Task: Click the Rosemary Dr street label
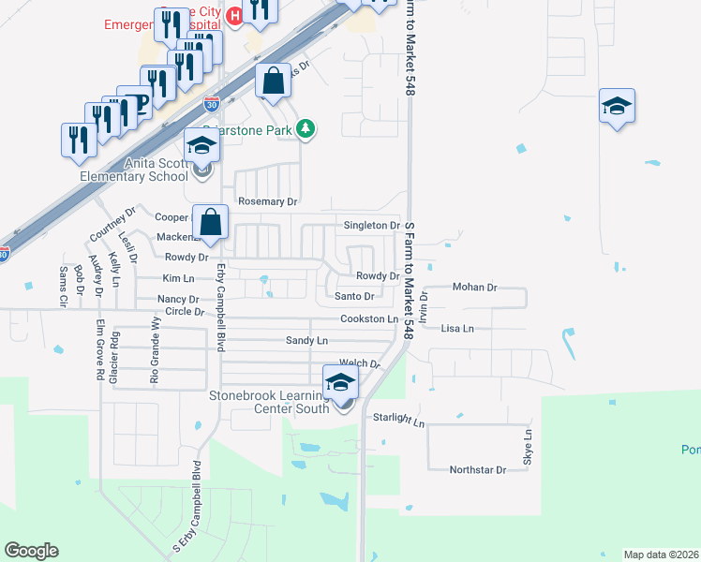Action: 267,201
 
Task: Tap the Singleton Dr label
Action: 372,226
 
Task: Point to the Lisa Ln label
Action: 457,329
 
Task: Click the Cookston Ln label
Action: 369,319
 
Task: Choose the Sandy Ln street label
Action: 306,341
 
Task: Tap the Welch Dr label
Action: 359,363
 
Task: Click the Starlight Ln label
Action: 399,420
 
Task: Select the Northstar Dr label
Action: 477,469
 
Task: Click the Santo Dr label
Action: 354,297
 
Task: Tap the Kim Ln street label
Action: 178,278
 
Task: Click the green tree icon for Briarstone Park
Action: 305,128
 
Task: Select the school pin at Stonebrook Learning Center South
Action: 340,382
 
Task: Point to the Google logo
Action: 31,551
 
